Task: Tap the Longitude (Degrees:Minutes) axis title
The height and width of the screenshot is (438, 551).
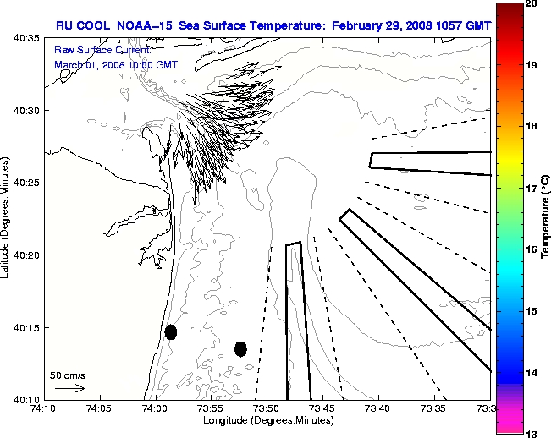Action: point(267,419)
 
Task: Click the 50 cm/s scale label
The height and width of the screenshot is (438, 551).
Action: point(69,374)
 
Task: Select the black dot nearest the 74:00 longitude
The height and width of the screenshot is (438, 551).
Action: point(171,331)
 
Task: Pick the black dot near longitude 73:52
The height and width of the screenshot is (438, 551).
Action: point(240,348)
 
